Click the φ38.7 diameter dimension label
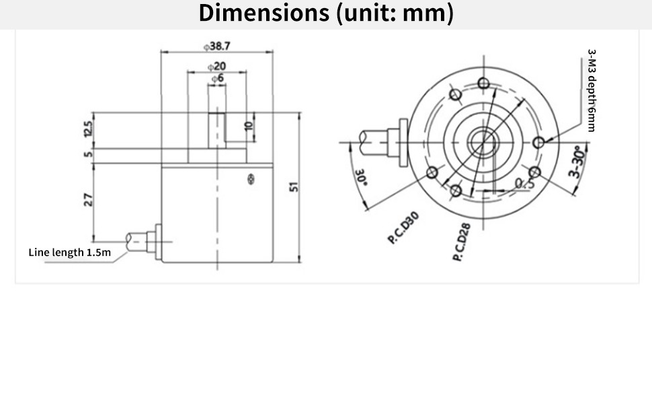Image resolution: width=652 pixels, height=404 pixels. (x=217, y=46)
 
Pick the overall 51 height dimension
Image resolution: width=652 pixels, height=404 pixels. (x=294, y=187)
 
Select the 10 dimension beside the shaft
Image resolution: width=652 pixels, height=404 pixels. (x=248, y=126)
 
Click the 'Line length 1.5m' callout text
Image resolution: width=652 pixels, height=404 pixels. (x=69, y=252)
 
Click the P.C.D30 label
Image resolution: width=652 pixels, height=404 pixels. (x=403, y=228)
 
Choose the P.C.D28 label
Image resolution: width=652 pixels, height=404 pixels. (x=462, y=242)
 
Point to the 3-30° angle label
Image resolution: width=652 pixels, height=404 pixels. (x=577, y=164)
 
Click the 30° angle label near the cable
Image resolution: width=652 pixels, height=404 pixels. (x=360, y=178)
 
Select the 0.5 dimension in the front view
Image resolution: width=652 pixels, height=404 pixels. (x=524, y=183)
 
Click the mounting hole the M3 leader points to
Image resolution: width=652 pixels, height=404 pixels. (x=539, y=142)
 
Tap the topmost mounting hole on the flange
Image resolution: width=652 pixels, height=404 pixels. (x=483, y=83)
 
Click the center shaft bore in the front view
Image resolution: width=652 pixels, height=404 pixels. (x=480, y=141)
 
